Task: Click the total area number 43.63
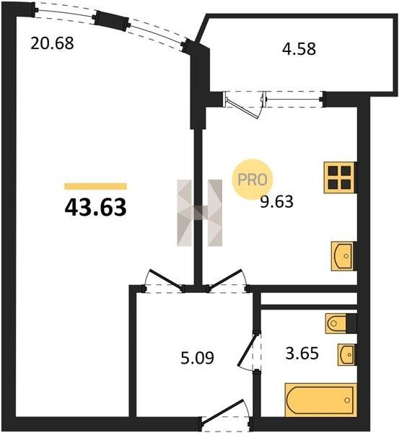point(95,208)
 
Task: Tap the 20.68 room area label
point(52,43)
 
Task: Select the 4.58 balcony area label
point(299,49)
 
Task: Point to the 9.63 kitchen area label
point(276,201)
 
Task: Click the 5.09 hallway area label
point(198,358)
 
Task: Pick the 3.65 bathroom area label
point(302,354)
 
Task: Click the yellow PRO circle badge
point(253,180)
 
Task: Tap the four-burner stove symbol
point(340,178)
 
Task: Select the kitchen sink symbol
point(343,256)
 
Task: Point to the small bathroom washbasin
point(347,355)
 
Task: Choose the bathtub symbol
point(321,400)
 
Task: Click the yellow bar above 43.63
point(95,186)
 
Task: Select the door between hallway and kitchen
point(226,279)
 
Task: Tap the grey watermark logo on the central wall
point(199,213)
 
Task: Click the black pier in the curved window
point(112,20)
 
